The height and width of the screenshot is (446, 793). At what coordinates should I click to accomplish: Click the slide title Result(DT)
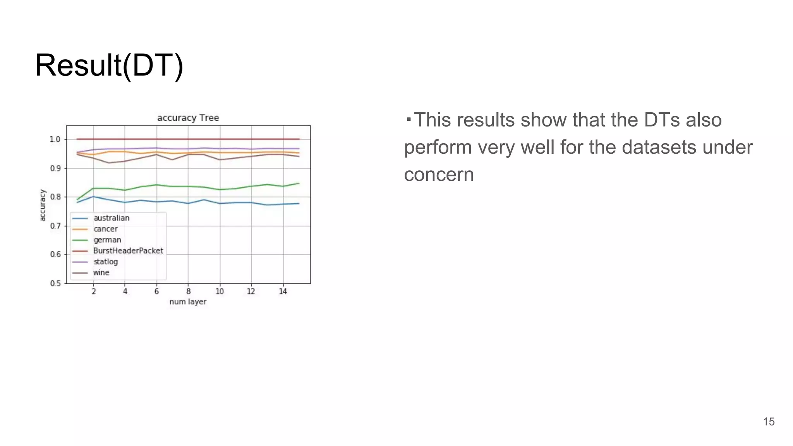click(x=109, y=65)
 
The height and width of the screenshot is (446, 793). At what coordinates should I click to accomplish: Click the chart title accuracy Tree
click(x=188, y=118)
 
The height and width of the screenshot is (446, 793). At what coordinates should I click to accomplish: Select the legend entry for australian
click(x=111, y=218)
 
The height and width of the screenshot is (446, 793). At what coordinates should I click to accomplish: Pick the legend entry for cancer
click(x=105, y=229)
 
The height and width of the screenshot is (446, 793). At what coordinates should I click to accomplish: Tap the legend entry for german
click(x=107, y=240)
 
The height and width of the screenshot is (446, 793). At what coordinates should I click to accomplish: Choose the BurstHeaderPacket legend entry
click(x=128, y=251)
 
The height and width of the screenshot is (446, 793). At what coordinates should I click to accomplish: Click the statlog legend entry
click(x=105, y=262)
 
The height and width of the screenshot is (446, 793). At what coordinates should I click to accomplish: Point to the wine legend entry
click(x=101, y=273)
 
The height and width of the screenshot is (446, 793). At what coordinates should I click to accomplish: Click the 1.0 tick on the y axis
click(x=55, y=139)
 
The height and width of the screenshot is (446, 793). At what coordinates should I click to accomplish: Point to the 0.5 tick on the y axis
click(x=55, y=283)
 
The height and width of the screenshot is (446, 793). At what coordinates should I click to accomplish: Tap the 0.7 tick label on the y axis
click(x=55, y=226)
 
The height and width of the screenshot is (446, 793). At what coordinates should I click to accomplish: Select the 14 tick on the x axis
click(x=283, y=292)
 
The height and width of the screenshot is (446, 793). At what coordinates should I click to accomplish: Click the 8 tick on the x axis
click(x=188, y=292)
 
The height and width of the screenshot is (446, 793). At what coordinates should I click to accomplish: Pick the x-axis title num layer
click(x=188, y=302)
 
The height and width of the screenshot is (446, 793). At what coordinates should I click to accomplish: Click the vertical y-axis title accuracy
click(x=43, y=205)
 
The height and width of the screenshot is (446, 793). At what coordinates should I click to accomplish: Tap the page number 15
click(x=769, y=422)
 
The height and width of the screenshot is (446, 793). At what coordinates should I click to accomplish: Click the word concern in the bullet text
click(x=439, y=175)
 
